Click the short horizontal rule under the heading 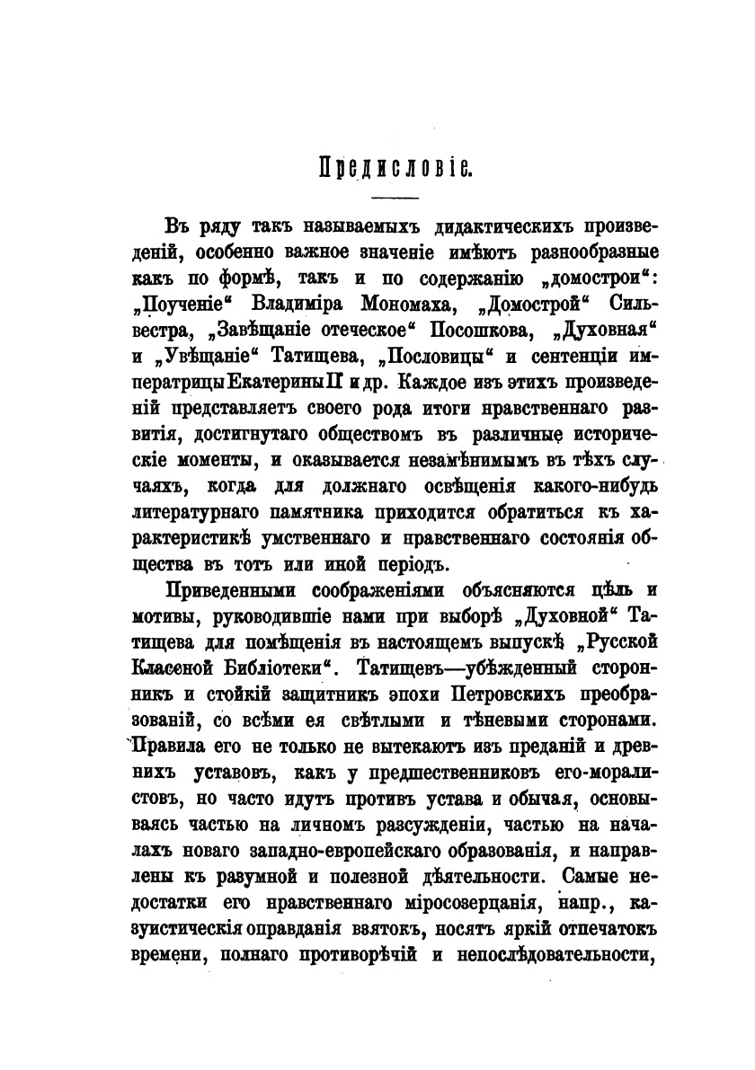395,197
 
